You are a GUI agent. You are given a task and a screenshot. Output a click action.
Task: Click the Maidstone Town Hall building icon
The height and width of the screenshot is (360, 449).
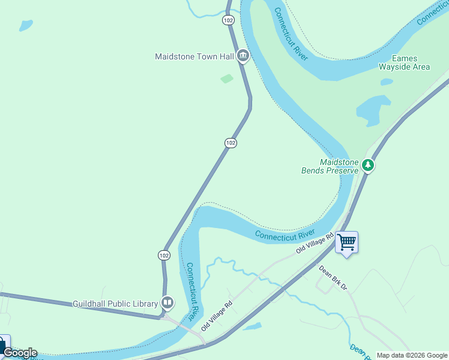(x=243, y=56)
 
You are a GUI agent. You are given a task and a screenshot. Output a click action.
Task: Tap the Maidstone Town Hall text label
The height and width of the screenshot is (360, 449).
(x=194, y=57)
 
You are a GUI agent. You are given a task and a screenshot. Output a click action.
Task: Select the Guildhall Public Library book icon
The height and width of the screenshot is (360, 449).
(x=167, y=304)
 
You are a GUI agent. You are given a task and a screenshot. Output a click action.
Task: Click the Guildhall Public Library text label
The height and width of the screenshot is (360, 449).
(x=115, y=304)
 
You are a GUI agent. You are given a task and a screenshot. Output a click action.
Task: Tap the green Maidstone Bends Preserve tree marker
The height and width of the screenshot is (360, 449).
(x=368, y=165)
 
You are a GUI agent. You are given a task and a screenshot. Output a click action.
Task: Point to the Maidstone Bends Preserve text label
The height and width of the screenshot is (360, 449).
(x=330, y=166)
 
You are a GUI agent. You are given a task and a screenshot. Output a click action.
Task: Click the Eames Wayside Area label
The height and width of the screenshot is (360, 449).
(x=404, y=62)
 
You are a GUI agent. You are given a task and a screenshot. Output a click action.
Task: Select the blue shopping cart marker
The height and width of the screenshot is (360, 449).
(x=346, y=242)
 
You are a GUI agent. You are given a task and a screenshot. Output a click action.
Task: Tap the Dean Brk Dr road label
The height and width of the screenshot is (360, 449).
(x=333, y=278)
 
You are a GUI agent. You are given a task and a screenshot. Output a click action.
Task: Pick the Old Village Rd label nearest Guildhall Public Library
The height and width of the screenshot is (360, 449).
(x=217, y=316)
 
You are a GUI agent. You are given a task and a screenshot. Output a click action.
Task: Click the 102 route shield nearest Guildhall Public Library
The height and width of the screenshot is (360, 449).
(x=164, y=255)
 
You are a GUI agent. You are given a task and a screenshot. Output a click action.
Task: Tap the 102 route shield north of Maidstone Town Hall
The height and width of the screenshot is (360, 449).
(x=228, y=20)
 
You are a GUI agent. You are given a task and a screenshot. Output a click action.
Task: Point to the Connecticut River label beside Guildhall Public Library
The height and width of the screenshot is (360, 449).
(x=191, y=290)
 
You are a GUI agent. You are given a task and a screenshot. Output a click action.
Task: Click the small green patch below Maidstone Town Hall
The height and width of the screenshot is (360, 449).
(x=226, y=79)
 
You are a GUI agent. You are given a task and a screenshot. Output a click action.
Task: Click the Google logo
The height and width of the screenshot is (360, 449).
(x=19, y=353)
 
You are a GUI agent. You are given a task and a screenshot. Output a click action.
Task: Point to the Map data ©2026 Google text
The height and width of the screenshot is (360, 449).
(x=412, y=355)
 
